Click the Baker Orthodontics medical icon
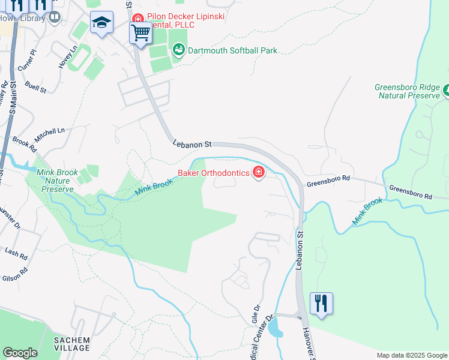tap(259, 173)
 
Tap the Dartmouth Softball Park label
tap(232, 50)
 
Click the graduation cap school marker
tap(101, 23)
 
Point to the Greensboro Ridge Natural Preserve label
tap(408, 91)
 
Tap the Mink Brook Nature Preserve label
tap(58, 181)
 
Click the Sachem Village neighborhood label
tap(71, 344)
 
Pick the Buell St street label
tap(35, 85)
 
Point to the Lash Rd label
tap(16, 253)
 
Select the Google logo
tap(20, 353)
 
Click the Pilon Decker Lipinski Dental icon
tap(138, 17)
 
